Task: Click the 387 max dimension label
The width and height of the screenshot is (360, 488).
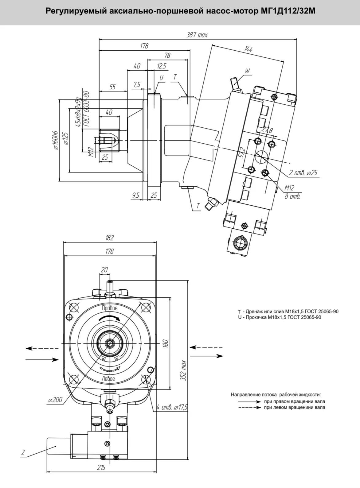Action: [197, 35]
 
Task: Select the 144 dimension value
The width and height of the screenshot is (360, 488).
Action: [248, 49]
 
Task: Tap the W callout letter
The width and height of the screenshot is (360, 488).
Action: [248, 71]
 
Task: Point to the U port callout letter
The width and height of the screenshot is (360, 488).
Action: [161, 78]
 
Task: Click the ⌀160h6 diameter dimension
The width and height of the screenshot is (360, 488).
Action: [56, 141]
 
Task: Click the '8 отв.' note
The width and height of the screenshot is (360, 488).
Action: [292, 196]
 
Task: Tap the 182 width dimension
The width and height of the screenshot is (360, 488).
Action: [109, 238]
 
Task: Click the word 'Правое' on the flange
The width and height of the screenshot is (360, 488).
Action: [110, 308]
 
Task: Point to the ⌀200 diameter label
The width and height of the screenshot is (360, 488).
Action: [55, 400]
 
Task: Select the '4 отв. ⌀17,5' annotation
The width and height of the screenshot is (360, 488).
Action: [172, 407]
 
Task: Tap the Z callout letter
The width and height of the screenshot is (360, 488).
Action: [23, 453]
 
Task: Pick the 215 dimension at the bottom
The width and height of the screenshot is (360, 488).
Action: [101, 467]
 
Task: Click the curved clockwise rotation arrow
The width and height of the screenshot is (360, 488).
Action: [109, 318]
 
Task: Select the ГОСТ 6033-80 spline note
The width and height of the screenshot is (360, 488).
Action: [86, 109]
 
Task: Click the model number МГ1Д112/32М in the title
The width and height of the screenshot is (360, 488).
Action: [288, 11]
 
